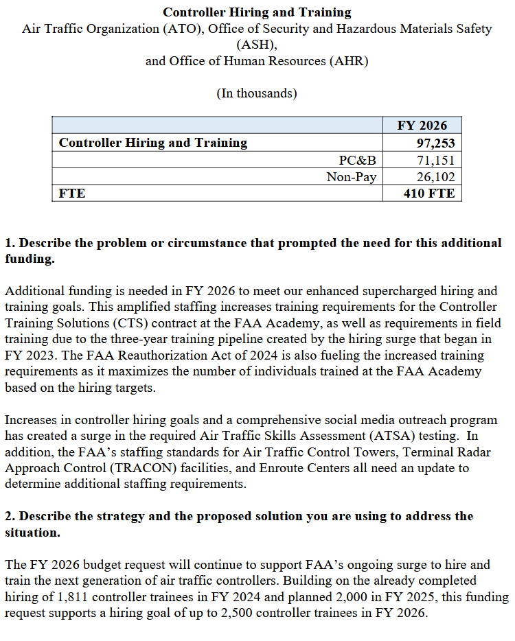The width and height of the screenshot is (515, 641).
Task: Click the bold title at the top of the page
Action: click(257, 12)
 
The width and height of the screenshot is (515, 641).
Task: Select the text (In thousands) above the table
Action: click(257, 93)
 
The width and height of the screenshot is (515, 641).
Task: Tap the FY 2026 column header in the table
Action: click(422, 125)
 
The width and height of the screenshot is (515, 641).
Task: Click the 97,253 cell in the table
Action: click(435, 143)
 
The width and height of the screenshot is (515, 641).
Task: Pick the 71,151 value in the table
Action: click(436, 161)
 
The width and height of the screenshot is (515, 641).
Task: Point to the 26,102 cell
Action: click(436, 177)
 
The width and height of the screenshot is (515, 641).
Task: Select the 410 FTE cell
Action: click(429, 194)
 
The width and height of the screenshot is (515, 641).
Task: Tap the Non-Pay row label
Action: click(352, 177)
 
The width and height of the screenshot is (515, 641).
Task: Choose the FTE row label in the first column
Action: click(73, 194)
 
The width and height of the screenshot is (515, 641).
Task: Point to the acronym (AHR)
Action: click(350, 61)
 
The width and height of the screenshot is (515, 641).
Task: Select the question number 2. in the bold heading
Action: click(10, 516)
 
